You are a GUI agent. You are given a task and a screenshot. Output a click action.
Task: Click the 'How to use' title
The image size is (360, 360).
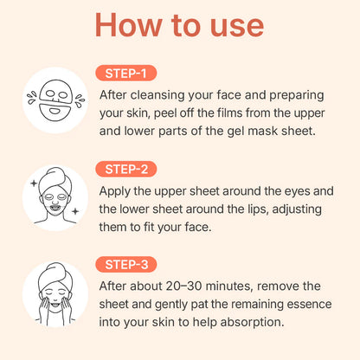click(179, 25)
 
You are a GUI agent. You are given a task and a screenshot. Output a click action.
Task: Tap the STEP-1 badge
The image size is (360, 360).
click(126, 74)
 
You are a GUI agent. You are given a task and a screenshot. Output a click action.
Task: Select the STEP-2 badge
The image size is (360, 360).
click(126, 169)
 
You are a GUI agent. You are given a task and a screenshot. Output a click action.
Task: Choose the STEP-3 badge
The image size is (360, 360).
click(126, 265)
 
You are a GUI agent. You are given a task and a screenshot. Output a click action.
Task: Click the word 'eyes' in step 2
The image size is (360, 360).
click(297, 191)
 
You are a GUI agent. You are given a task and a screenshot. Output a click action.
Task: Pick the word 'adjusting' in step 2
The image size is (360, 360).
click(297, 209)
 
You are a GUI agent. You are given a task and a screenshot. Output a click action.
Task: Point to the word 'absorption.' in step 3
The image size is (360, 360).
click(252, 323)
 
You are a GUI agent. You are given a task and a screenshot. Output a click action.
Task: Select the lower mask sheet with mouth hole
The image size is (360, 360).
click(55, 112)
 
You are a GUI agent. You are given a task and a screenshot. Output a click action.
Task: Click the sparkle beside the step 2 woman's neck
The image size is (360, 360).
click(75, 211)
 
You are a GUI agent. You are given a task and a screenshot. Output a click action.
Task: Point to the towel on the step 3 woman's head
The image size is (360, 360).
click(55, 274)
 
